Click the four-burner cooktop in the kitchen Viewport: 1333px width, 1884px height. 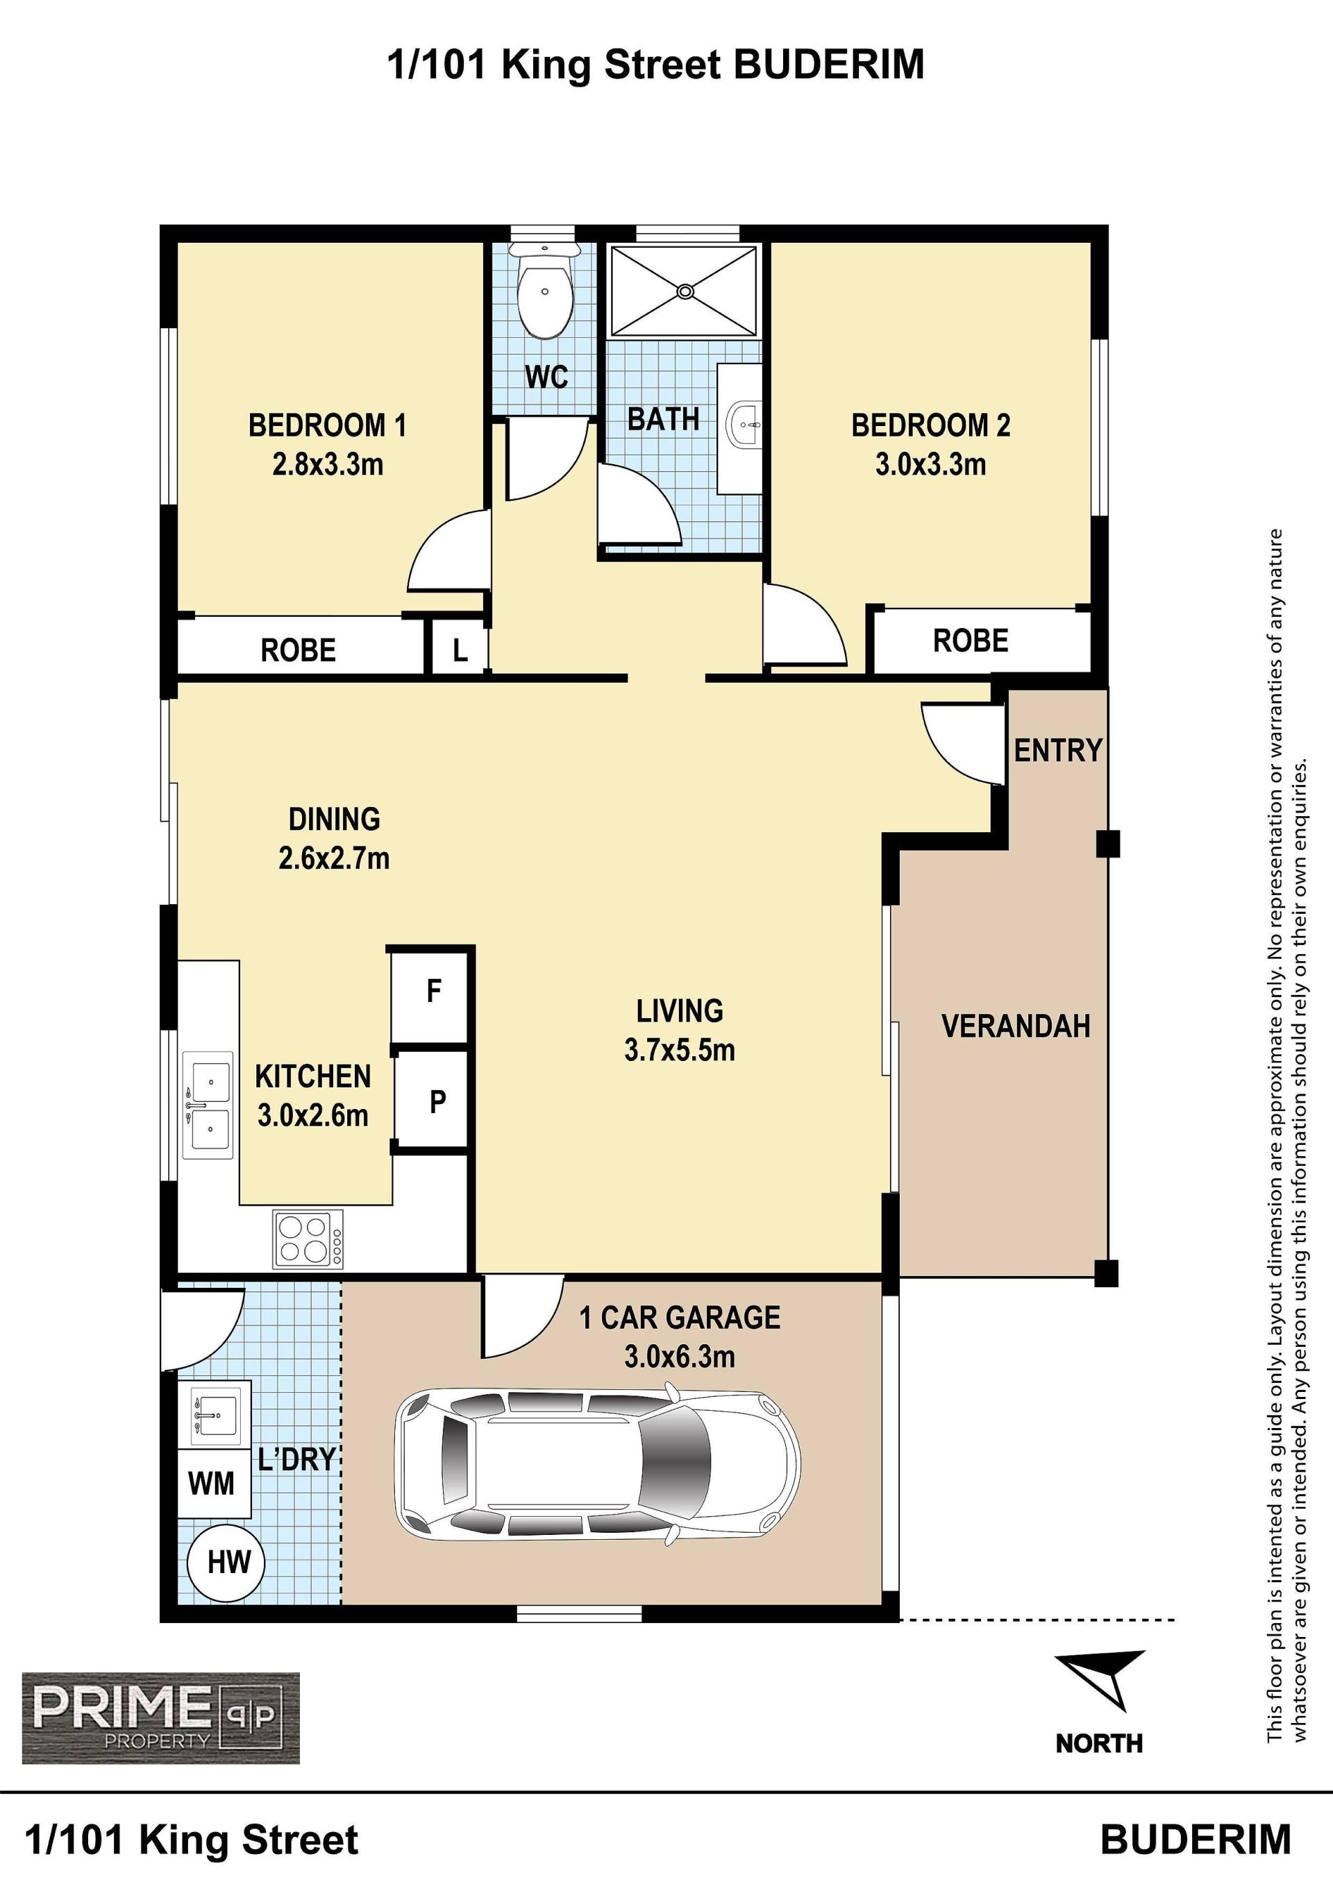pyautogui.click(x=308, y=1239)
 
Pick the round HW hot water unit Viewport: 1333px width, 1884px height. pyautogui.click(x=226, y=1562)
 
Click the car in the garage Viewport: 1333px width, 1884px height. pyautogui.click(x=598, y=1463)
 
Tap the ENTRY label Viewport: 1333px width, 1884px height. pyautogui.click(x=1057, y=750)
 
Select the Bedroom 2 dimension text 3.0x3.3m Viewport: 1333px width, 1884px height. pyautogui.click(x=931, y=464)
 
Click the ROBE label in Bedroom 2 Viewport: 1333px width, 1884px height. pyautogui.click(x=970, y=641)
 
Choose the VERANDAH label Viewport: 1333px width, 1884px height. pyautogui.click(x=1015, y=1026)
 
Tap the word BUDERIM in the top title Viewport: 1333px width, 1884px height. pyautogui.click(x=829, y=65)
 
